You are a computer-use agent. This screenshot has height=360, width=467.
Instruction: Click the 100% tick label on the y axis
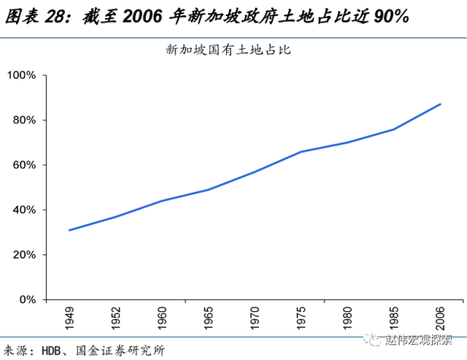(21, 75)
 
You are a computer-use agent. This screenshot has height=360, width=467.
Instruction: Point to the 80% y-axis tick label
(24, 120)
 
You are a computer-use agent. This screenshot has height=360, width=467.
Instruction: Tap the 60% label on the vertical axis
(24, 165)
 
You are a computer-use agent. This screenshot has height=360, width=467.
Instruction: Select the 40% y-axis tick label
(24, 210)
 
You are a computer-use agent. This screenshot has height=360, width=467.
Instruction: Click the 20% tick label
(24, 255)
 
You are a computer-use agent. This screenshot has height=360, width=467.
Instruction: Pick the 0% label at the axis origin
(28, 300)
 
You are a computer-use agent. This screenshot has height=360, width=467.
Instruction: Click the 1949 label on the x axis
(69, 318)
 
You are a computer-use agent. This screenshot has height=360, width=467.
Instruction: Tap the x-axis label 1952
(116, 318)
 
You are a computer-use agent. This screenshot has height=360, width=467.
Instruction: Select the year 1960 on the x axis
(162, 318)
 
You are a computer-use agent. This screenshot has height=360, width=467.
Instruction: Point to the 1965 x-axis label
(209, 318)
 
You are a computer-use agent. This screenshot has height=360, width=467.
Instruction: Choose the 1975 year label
(301, 318)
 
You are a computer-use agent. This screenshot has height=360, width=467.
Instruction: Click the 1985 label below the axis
(394, 318)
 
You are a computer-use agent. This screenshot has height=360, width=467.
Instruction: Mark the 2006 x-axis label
(441, 318)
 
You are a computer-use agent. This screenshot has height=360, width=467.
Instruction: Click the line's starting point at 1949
(69, 230)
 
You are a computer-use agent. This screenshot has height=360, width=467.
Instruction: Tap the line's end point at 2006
(440, 104)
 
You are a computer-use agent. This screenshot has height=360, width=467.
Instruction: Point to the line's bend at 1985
(394, 129)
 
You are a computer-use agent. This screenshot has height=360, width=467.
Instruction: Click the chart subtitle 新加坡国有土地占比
(228, 50)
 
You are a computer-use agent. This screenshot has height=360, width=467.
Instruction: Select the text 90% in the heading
(392, 16)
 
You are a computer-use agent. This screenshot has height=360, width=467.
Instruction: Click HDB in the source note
(51, 351)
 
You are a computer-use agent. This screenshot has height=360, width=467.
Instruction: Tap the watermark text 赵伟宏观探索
(418, 340)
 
